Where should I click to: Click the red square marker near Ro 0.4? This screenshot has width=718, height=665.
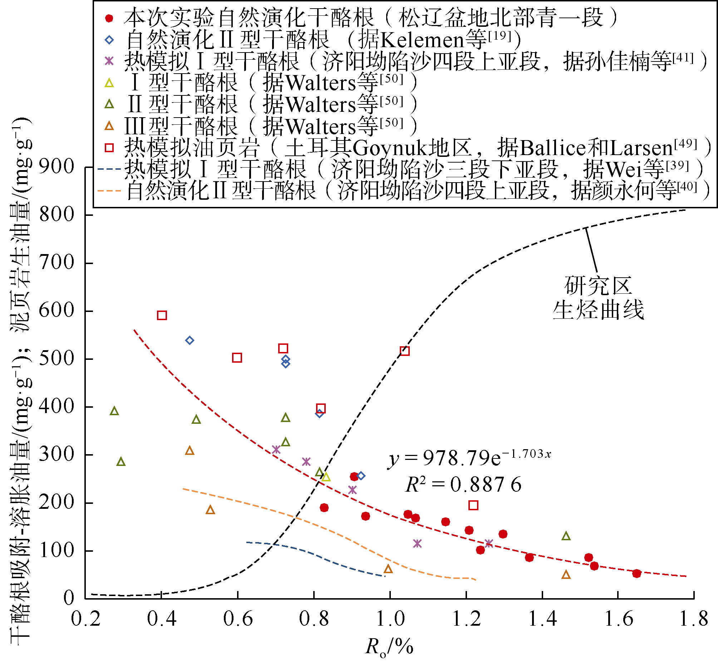coord(162,316)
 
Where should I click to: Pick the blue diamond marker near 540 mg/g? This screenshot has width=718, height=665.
coord(190,341)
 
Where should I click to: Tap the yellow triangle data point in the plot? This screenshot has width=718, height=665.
coord(326,477)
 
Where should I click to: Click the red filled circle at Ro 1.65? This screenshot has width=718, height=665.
coord(636,574)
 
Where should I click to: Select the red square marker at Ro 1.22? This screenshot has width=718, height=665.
coord(473,505)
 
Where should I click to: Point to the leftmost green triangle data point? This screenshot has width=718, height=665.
coord(114,411)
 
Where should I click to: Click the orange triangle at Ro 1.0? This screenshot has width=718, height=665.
coord(388,569)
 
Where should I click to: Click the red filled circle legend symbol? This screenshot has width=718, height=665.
coord(109,18)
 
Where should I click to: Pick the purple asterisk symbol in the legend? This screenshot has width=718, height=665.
coord(109,61)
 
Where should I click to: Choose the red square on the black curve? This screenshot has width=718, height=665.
coord(405,351)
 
